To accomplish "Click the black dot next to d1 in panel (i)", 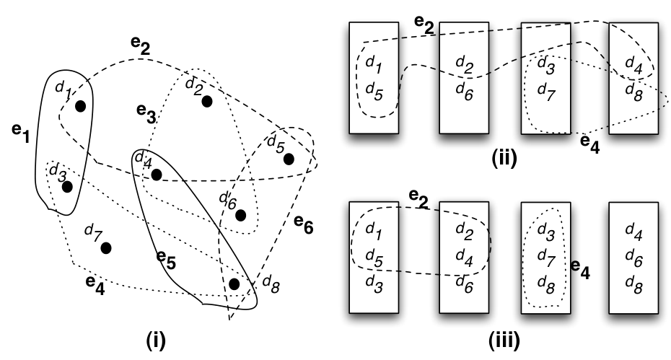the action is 80,106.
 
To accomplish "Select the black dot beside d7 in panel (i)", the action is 105,248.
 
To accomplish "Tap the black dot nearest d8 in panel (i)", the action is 234,284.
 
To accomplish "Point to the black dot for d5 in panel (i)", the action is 289,159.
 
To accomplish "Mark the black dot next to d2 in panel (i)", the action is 206,102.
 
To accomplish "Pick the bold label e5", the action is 166,259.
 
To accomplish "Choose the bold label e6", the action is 304,224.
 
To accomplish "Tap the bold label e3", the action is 146,113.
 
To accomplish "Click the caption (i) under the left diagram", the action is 155,341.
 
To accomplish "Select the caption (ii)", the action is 504,158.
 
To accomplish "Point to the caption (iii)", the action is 504,341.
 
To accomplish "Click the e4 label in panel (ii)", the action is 589,144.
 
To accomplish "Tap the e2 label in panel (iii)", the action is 419,198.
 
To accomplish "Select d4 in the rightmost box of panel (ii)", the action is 633,63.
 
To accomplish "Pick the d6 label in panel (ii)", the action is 465,90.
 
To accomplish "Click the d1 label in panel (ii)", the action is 374,63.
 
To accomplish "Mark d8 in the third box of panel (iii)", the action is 546,284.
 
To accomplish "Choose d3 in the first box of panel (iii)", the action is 374,284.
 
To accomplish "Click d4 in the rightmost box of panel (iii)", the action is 633,231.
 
